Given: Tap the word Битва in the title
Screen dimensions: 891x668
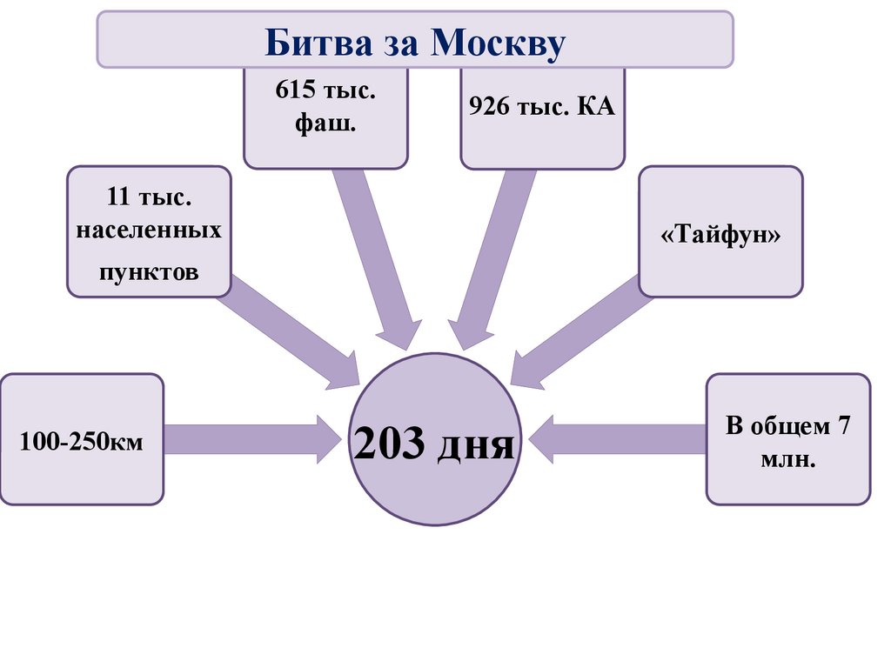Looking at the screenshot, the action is coord(309,41).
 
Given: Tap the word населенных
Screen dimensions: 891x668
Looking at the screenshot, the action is coord(149,231).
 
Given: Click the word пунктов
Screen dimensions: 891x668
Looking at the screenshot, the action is coord(149,271).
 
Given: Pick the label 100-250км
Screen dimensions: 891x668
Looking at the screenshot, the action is coord(82,443).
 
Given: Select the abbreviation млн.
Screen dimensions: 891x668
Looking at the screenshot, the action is coord(787,459).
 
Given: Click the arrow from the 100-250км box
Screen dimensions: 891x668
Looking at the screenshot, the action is coord(252,439).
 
